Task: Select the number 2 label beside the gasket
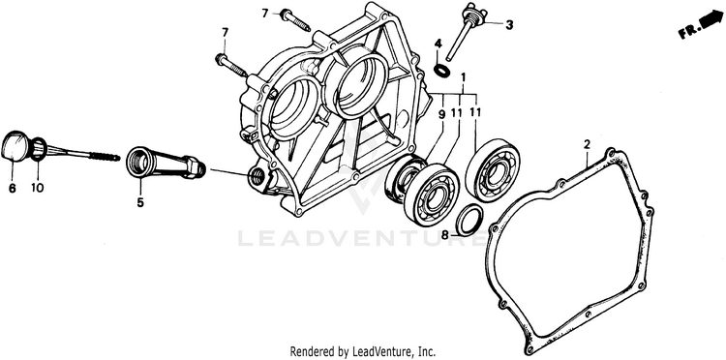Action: tap(588, 144)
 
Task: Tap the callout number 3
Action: tap(509, 25)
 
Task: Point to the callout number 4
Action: tap(438, 45)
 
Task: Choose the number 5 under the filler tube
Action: tap(140, 202)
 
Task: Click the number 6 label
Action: tap(12, 189)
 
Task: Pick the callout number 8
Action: tap(445, 235)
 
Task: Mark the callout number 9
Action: tap(441, 113)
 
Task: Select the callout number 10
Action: tap(38, 189)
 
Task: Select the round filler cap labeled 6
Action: tap(15, 146)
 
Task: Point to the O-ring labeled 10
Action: tap(39, 148)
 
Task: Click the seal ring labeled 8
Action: tap(469, 219)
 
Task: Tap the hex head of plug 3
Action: tap(474, 15)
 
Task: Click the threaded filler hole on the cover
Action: tap(257, 175)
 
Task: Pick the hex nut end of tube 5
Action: tap(195, 167)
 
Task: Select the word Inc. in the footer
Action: tap(427, 350)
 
